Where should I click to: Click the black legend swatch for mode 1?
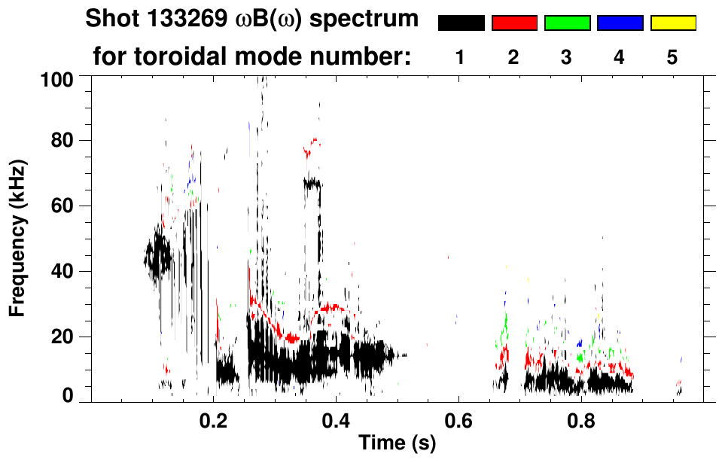pyautogui.click(x=461, y=23)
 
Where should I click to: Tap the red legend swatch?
pyautogui.click(x=513, y=23)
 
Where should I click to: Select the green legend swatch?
pyautogui.click(x=566, y=23)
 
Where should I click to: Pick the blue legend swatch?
pyautogui.click(x=620, y=23)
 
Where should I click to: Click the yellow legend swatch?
pyautogui.click(x=672, y=23)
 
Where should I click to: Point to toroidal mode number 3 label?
pyautogui.click(x=566, y=58)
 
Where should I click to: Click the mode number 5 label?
pyautogui.click(x=672, y=58)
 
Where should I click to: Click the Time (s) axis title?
pyautogui.click(x=396, y=443)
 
